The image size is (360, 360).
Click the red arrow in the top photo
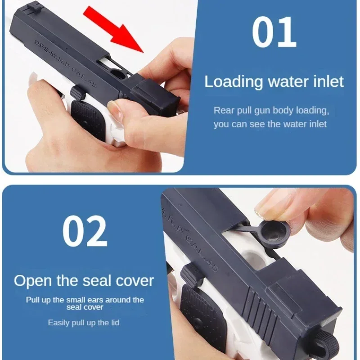pos(115,28)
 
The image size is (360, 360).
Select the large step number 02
pos(85,231)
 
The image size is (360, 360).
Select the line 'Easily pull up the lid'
pos(84,323)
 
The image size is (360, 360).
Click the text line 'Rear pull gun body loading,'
pos(271,110)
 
